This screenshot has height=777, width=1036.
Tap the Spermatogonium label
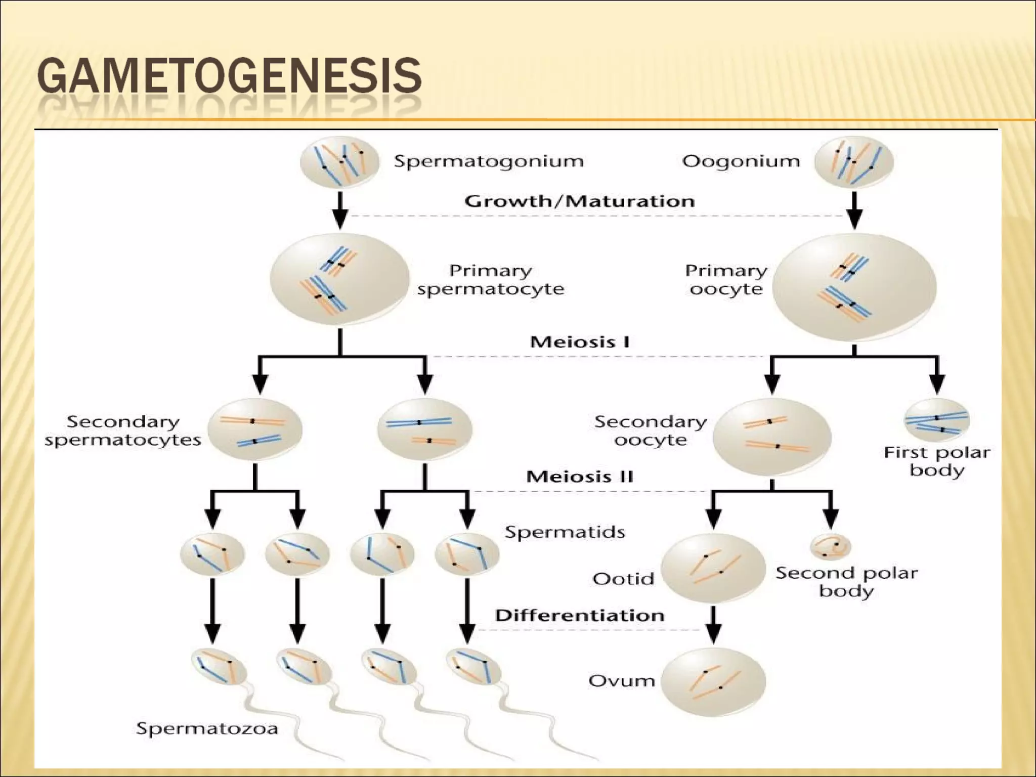point(489,161)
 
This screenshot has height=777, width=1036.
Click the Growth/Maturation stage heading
point(580,201)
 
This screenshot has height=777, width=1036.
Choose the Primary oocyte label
point(726,280)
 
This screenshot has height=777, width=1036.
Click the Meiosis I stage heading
point(580,342)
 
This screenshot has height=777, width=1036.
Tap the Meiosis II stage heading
point(580,477)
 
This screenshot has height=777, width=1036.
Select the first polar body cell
point(936,420)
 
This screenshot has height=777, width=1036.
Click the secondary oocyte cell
point(771,436)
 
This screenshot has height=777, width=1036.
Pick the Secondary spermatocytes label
point(123,430)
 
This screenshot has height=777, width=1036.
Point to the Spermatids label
point(565,532)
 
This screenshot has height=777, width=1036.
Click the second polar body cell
point(830,547)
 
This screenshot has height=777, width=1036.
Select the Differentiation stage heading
point(580,615)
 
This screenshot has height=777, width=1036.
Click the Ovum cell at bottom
point(713,681)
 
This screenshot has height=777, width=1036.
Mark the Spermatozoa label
point(207,728)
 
